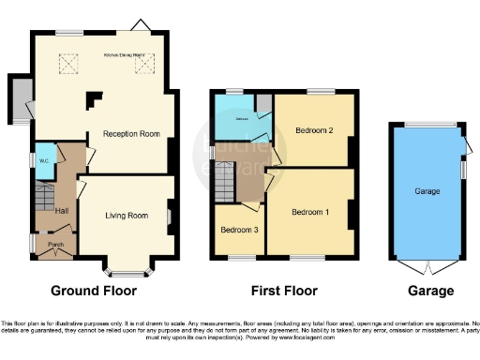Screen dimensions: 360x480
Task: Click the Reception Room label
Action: pos(128,134)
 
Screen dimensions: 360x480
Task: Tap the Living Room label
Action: pos(126,216)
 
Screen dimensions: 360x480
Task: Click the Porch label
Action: pos(55,246)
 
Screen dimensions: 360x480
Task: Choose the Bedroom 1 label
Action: pos(309,211)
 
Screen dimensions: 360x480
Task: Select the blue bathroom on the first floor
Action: pos(241,119)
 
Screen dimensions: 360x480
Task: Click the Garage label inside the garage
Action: pos(427,191)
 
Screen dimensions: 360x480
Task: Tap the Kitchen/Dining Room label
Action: pos(130,56)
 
